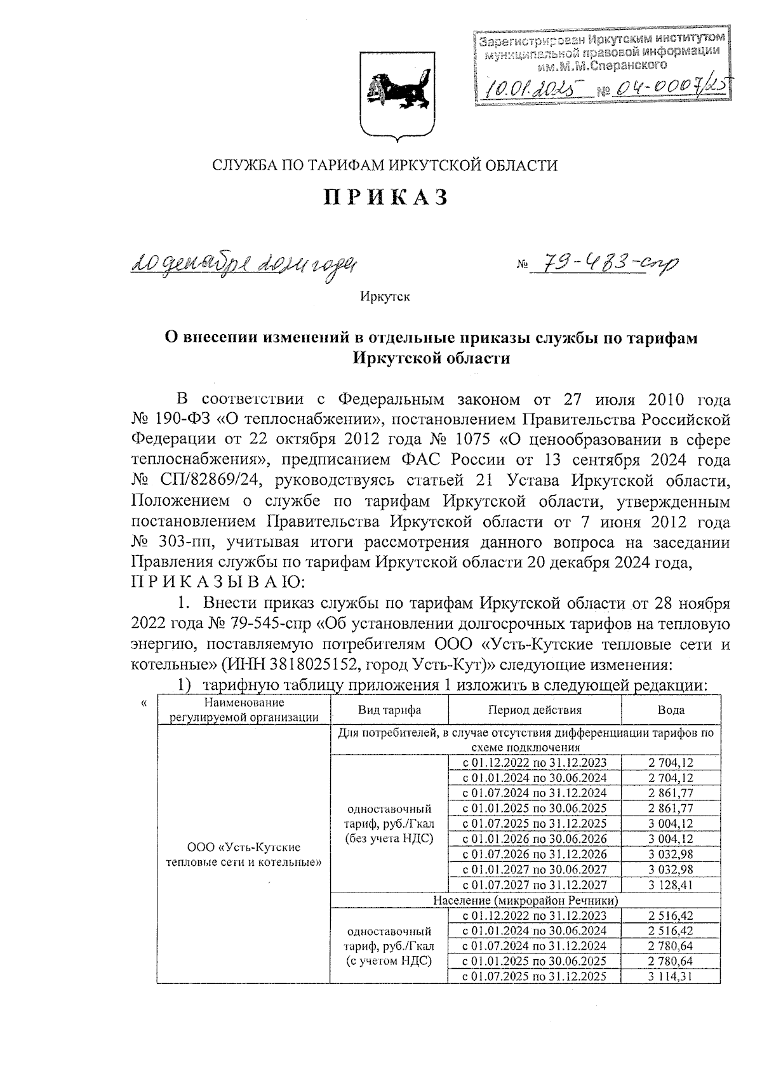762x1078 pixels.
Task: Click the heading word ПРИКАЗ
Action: tap(386, 198)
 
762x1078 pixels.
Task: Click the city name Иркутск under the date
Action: tap(385, 297)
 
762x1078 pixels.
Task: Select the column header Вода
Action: tap(671, 710)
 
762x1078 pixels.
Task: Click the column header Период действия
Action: tap(535, 710)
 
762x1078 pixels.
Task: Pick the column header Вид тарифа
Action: tap(389, 710)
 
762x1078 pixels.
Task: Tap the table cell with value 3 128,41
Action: tap(671, 885)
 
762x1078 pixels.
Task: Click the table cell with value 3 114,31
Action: tap(671, 976)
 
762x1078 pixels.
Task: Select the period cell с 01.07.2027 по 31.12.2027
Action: tap(534, 885)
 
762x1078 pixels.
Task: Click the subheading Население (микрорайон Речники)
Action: tap(525, 900)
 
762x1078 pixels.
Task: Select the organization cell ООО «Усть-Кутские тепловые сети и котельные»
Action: tap(244, 854)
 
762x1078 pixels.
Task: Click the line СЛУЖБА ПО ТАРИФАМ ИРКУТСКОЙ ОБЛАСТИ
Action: tap(385, 166)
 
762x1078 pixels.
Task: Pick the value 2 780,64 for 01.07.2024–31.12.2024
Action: tap(671, 946)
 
